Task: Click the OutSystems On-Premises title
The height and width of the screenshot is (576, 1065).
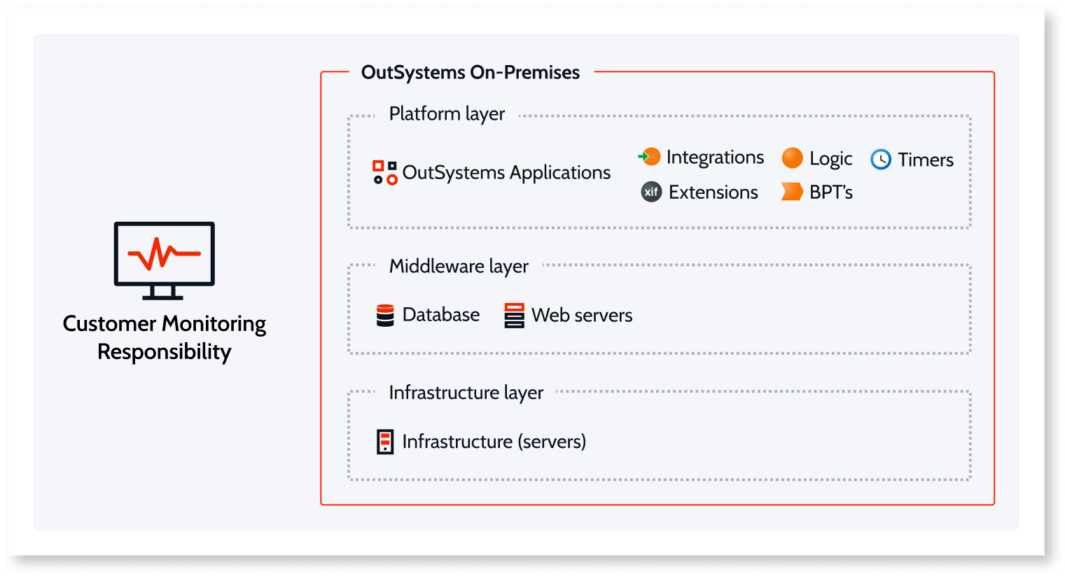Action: (470, 72)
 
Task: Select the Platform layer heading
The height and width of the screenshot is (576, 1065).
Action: (447, 114)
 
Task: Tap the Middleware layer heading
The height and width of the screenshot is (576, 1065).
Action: (459, 267)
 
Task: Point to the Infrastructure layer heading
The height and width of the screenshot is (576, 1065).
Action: (466, 393)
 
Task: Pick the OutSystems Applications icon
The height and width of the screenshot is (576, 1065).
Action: (384, 172)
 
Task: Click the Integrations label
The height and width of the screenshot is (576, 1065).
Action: (715, 157)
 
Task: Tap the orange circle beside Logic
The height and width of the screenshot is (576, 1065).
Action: (792, 158)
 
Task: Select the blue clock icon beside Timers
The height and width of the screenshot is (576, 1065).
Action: (881, 160)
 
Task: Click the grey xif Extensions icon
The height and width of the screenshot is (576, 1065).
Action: (651, 192)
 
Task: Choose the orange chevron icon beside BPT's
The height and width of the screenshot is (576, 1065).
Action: (792, 192)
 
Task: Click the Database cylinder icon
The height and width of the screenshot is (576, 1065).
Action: (385, 316)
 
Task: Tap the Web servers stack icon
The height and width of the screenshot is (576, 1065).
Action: (514, 316)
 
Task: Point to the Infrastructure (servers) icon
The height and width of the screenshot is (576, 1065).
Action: (385, 442)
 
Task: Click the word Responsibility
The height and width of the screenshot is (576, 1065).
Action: (165, 351)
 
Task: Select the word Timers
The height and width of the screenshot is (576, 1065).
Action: (926, 160)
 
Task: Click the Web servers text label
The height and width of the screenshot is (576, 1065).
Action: (582, 316)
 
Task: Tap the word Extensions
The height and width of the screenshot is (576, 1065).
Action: (713, 192)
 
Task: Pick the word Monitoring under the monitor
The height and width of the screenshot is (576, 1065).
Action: (214, 324)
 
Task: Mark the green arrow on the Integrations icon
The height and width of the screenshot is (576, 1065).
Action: (642, 157)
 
